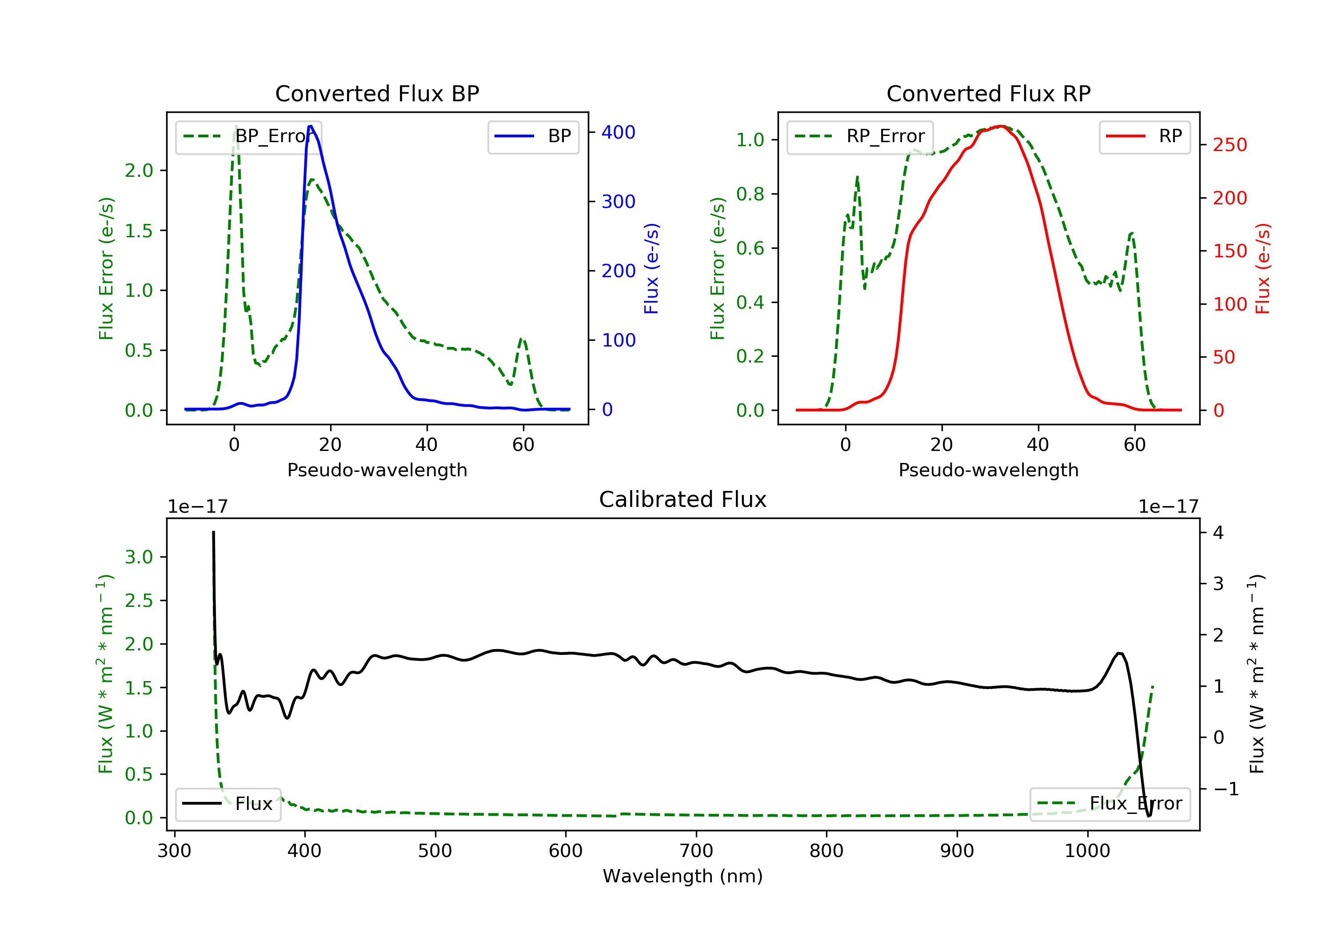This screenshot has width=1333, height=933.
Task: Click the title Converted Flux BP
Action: point(377,93)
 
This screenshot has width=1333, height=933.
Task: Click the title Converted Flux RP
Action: point(988,93)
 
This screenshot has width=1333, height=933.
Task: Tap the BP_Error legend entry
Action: point(248,136)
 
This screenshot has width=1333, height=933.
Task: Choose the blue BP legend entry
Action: point(533,136)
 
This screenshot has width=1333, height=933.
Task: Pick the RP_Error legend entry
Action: point(860,136)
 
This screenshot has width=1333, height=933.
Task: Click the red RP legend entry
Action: point(1144,136)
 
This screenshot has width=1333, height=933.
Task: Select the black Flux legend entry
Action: point(227,804)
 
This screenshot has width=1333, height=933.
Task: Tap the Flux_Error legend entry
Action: point(1110,804)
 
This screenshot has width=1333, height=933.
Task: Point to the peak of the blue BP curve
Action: point(311,126)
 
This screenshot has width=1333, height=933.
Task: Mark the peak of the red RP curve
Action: point(1001,126)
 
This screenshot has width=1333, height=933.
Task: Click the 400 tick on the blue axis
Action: point(619,132)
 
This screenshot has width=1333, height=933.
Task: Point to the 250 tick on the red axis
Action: point(1229,144)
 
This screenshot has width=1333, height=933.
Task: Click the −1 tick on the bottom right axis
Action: point(1225,789)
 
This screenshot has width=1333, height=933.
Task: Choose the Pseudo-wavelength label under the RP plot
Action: point(988,470)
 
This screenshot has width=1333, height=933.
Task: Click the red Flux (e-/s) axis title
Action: point(1263,268)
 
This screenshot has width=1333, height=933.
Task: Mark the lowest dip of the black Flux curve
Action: point(1148,816)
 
